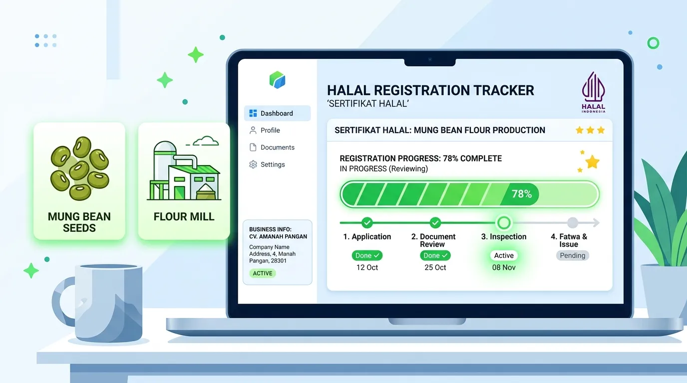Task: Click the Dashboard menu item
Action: coord(277,113)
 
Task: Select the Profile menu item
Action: coord(265,130)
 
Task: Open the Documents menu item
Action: coord(272,148)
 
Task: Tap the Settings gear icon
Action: coord(253,165)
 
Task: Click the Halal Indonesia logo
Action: coord(594,92)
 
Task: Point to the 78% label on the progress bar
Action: coord(521,194)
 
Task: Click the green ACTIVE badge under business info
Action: coord(263,273)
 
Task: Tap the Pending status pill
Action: coord(572,255)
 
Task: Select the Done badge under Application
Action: coord(367,255)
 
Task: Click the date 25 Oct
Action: coord(435,267)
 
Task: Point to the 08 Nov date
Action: coord(504,267)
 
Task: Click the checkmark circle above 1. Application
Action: coord(367,223)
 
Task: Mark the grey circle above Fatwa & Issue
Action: coord(572,223)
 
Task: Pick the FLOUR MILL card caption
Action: coord(184,216)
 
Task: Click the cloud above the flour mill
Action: coord(206,141)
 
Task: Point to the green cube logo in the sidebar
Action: coord(277,80)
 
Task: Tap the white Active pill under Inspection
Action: coord(504,255)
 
